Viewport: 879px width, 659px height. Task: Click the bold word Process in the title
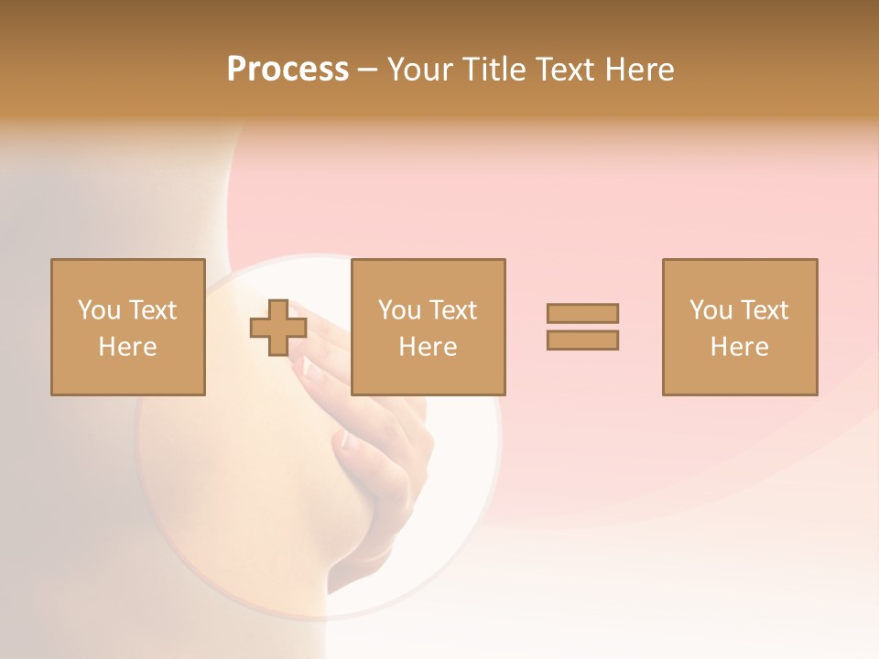[x=288, y=70]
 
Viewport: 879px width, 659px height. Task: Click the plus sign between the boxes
[x=278, y=328]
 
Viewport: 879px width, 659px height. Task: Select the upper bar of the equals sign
[x=582, y=313]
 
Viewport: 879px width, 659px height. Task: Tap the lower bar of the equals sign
[x=582, y=340]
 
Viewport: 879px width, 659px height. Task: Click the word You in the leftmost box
[x=99, y=310]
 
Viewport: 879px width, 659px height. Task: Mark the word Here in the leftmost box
[x=127, y=347]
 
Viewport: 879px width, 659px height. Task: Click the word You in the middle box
[x=399, y=310]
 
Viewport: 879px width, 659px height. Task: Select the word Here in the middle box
[x=428, y=347]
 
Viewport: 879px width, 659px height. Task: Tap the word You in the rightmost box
[x=711, y=310]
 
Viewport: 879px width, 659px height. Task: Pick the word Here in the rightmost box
[x=739, y=347]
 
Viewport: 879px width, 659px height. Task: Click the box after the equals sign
[x=740, y=375]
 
